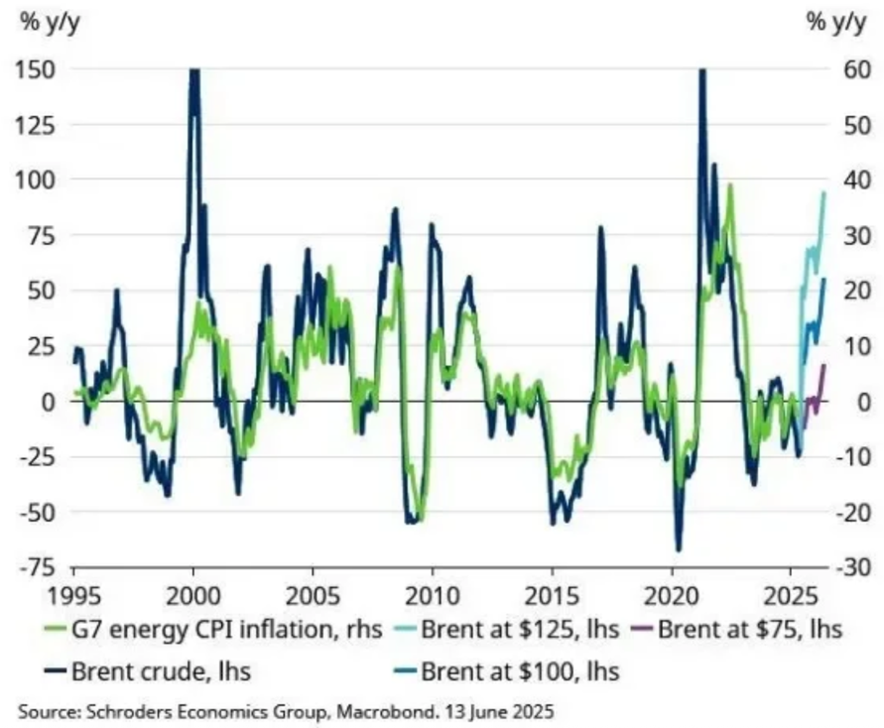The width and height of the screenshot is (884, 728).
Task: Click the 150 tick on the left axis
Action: coord(35,69)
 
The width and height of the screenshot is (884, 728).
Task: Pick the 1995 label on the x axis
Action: coord(73,600)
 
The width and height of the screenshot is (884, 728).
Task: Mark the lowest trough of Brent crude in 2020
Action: coord(678,549)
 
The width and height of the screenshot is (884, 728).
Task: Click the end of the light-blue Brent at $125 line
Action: coord(824,192)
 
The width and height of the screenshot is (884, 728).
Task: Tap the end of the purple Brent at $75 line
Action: coord(823,366)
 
